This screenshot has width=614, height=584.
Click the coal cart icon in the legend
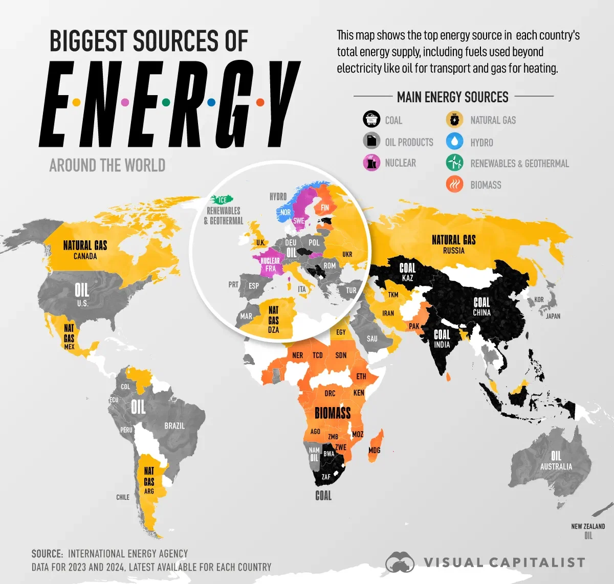(x=371, y=120)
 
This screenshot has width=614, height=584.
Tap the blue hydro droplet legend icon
(x=454, y=142)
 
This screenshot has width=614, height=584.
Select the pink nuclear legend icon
(x=371, y=163)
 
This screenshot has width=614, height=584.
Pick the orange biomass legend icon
(x=454, y=185)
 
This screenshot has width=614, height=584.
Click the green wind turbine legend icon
(x=454, y=163)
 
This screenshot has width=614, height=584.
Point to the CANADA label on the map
(x=85, y=256)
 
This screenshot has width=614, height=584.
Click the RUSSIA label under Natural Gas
(x=454, y=251)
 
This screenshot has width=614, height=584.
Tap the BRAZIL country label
(x=174, y=425)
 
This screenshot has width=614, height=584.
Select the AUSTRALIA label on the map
(x=556, y=466)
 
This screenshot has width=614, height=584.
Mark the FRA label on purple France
(x=270, y=268)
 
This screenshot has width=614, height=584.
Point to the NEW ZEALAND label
(x=588, y=526)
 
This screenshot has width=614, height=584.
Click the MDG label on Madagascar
(x=375, y=450)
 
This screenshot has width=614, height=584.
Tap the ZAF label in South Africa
(x=326, y=477)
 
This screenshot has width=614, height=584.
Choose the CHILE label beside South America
(x=123, y=497)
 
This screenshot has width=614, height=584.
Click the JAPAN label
(x=553, y=316)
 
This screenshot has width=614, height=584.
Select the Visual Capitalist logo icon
(x=400, y=563)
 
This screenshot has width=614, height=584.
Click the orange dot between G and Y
(x=260, y=102)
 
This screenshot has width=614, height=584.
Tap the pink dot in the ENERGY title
(x=124, y=102)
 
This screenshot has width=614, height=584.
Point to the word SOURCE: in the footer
(x=47, y=554)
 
